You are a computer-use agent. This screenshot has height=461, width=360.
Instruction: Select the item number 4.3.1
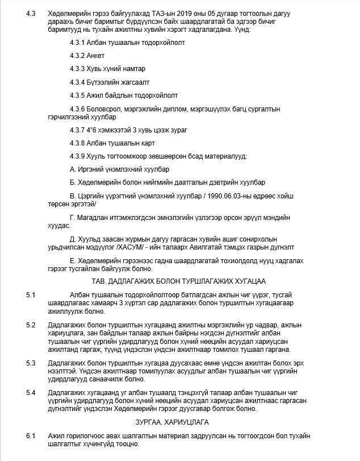(x=78, y=43)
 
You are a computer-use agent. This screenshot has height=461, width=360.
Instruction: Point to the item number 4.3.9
(x=78, y=156)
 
